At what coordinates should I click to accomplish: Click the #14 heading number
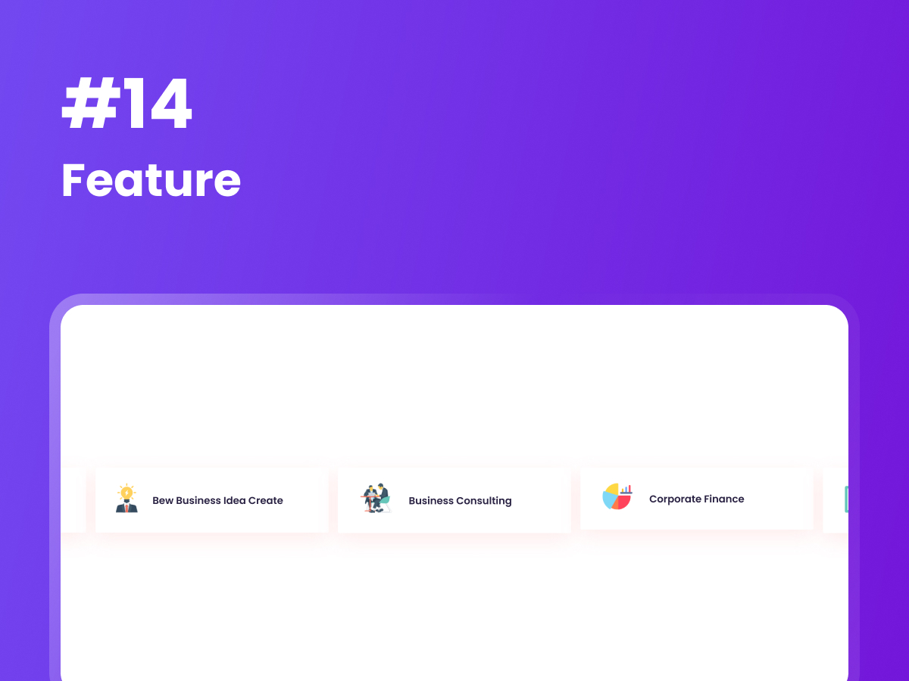pyautogui.click(x=127, y=107)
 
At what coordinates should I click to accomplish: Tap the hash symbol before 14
pyautogui.click(x=86, y=107)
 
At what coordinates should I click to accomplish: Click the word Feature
pyautogui.click(x=151, y=181)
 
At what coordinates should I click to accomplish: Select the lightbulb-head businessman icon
pyautogui.click(x=127, y=500)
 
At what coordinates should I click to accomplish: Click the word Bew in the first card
pyautogui.click(x=162, y=501)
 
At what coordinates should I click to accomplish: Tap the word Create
pyautogui.click(x=266, y=501)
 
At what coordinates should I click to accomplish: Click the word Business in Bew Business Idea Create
pyautogui.click(x=198, y=501)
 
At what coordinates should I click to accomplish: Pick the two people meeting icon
pyautogui.click(x=376, y=499)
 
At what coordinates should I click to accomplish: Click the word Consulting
pyautogui.click(x=484, y=501)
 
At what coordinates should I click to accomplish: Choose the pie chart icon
pyautogui.click(x=617, y=497)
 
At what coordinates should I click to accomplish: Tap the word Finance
pyautogui.click(x=725, y=499)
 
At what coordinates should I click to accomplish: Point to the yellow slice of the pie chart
pyautogui.click(x=612, y=490)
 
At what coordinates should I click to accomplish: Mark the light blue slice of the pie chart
pyautogui.click(x=608, y=500)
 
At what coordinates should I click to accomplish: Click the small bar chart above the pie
pyautogui.click(x=626, y=490)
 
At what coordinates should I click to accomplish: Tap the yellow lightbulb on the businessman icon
pyautogui.click(x=127, y=493)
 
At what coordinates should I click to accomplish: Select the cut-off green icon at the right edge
pyautogui.click(x=845, y=499)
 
